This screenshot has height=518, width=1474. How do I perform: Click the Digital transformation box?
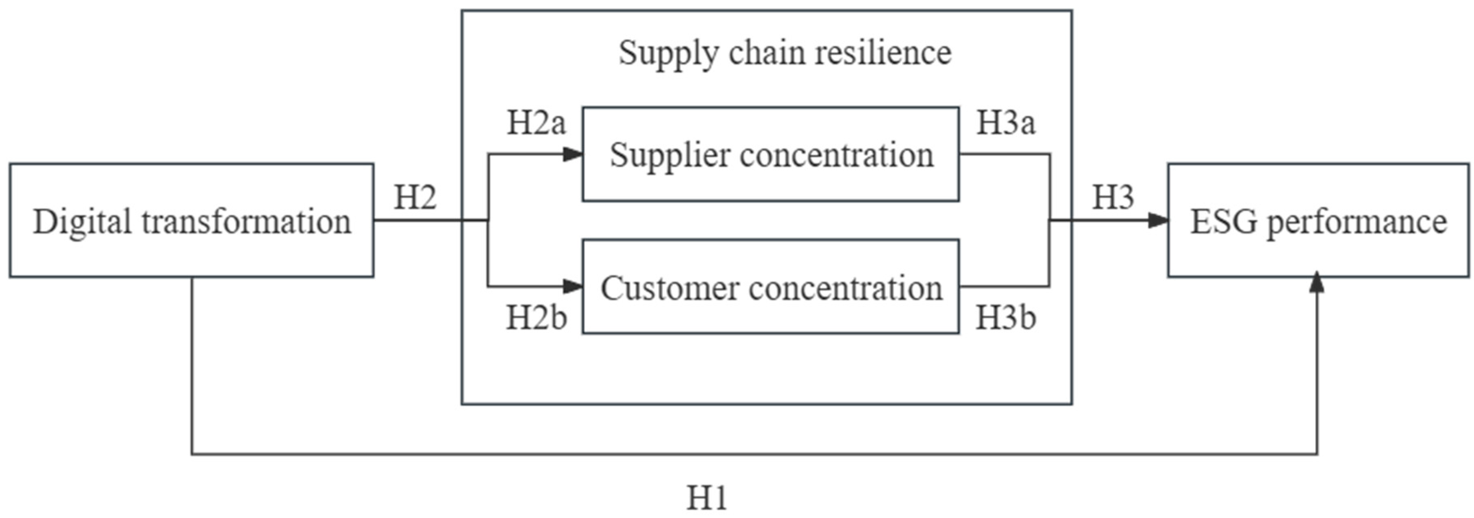coord(192,221)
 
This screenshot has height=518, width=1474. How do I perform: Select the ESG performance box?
coord(1318,221)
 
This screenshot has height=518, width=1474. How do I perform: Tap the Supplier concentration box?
coord(771,154)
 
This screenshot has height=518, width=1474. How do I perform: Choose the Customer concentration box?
coord(771,287)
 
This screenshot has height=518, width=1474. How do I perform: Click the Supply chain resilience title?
coord(785,53)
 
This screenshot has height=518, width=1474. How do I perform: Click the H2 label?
coord(415,198)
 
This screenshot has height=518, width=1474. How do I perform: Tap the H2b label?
coord(536,318)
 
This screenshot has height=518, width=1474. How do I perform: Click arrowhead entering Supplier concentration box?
coord(573,154)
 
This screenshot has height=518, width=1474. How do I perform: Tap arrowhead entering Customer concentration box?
coord(573,286)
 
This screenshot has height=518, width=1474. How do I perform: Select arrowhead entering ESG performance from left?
coord(1158,221)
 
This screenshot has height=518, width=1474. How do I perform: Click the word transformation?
coord(246,222)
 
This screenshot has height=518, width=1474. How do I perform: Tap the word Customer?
coord(670,288)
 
